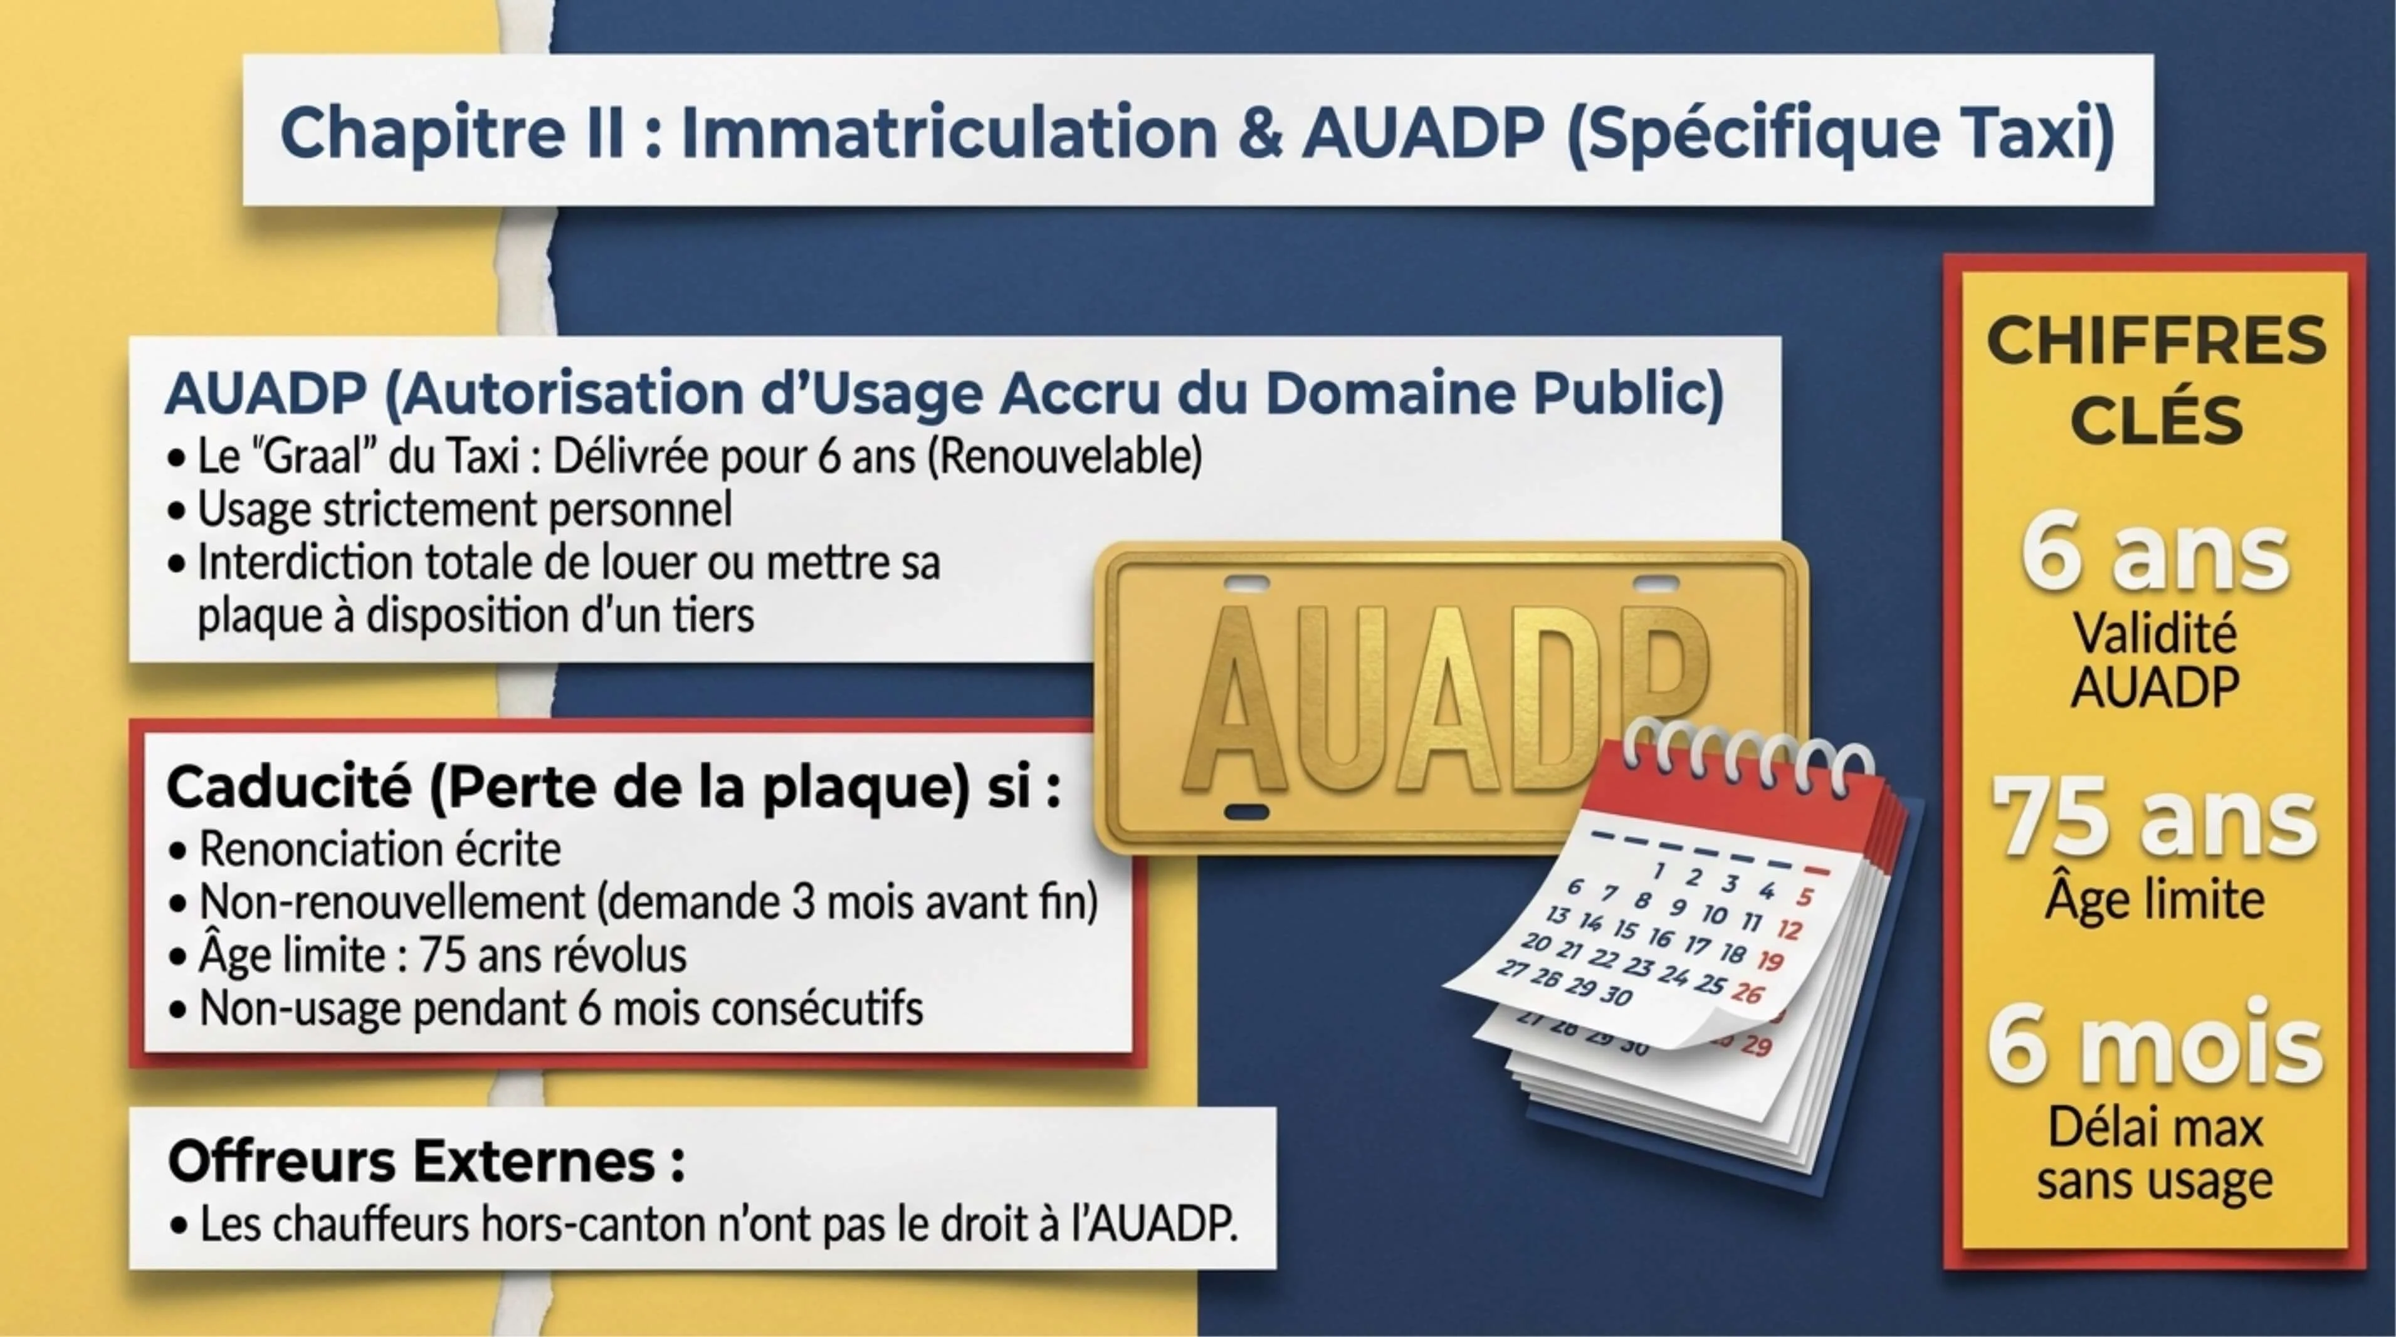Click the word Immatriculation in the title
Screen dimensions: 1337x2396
948,132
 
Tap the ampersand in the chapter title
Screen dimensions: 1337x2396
1259,132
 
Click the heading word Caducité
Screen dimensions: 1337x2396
288,787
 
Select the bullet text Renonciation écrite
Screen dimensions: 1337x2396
379,849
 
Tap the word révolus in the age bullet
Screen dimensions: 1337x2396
623,955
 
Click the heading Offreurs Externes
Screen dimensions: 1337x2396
426,1161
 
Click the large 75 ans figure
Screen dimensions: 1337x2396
2153,818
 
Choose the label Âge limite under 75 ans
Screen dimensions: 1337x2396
2153,900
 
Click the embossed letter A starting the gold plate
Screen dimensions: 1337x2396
1237,706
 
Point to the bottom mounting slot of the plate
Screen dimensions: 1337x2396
1246,812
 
